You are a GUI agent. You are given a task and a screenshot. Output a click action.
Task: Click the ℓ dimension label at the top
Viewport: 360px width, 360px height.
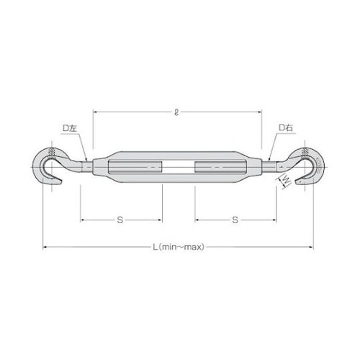pos(177,112)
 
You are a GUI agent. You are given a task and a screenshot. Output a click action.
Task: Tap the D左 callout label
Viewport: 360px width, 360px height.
pos(70,128)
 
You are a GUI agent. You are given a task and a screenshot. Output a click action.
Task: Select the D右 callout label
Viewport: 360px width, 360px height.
pos(286,127)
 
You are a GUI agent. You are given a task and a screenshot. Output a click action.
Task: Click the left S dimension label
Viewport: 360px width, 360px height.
pos(120,220)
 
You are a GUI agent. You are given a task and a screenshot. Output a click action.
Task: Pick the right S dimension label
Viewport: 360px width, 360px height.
pos(235,220)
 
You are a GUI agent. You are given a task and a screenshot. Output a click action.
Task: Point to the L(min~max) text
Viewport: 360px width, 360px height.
pos(179,247)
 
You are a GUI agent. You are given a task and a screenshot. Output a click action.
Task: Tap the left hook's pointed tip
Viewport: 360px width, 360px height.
pos(62,182)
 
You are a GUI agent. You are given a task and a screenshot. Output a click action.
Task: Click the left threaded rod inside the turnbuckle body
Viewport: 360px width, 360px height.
pos(135,167)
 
